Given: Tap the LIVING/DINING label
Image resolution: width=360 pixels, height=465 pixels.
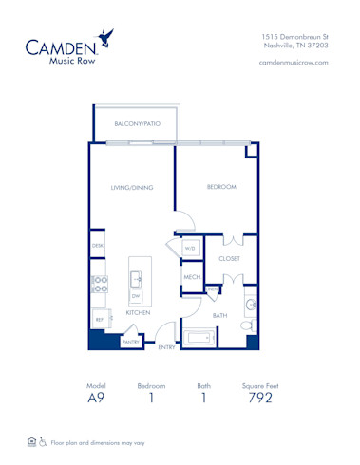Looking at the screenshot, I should (x=131, y=188).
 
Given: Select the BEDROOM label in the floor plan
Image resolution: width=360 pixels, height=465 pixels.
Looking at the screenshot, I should (x=220, y=187).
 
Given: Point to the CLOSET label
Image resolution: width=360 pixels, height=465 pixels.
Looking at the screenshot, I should (x=229, y=258).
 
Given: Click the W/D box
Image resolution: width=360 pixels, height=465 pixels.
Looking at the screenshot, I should (x=190, y=249).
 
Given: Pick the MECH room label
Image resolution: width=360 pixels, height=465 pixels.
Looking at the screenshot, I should (x=190, y=277).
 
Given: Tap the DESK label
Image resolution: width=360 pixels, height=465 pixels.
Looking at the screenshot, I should (x=98, y=245).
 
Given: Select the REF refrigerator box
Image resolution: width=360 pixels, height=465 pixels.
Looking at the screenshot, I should (x=98, y=320).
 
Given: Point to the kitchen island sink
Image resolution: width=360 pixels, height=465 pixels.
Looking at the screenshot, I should (x=136, y=280).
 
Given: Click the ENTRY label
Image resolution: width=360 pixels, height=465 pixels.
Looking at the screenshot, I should (x=166, y=348).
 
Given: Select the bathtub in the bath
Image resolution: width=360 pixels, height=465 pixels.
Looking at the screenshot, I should (x=200, y=336).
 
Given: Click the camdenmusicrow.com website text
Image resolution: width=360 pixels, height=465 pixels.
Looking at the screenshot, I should (x=293, y=62).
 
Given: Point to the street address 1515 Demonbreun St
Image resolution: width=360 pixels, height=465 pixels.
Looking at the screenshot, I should (x=294, y=35).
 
